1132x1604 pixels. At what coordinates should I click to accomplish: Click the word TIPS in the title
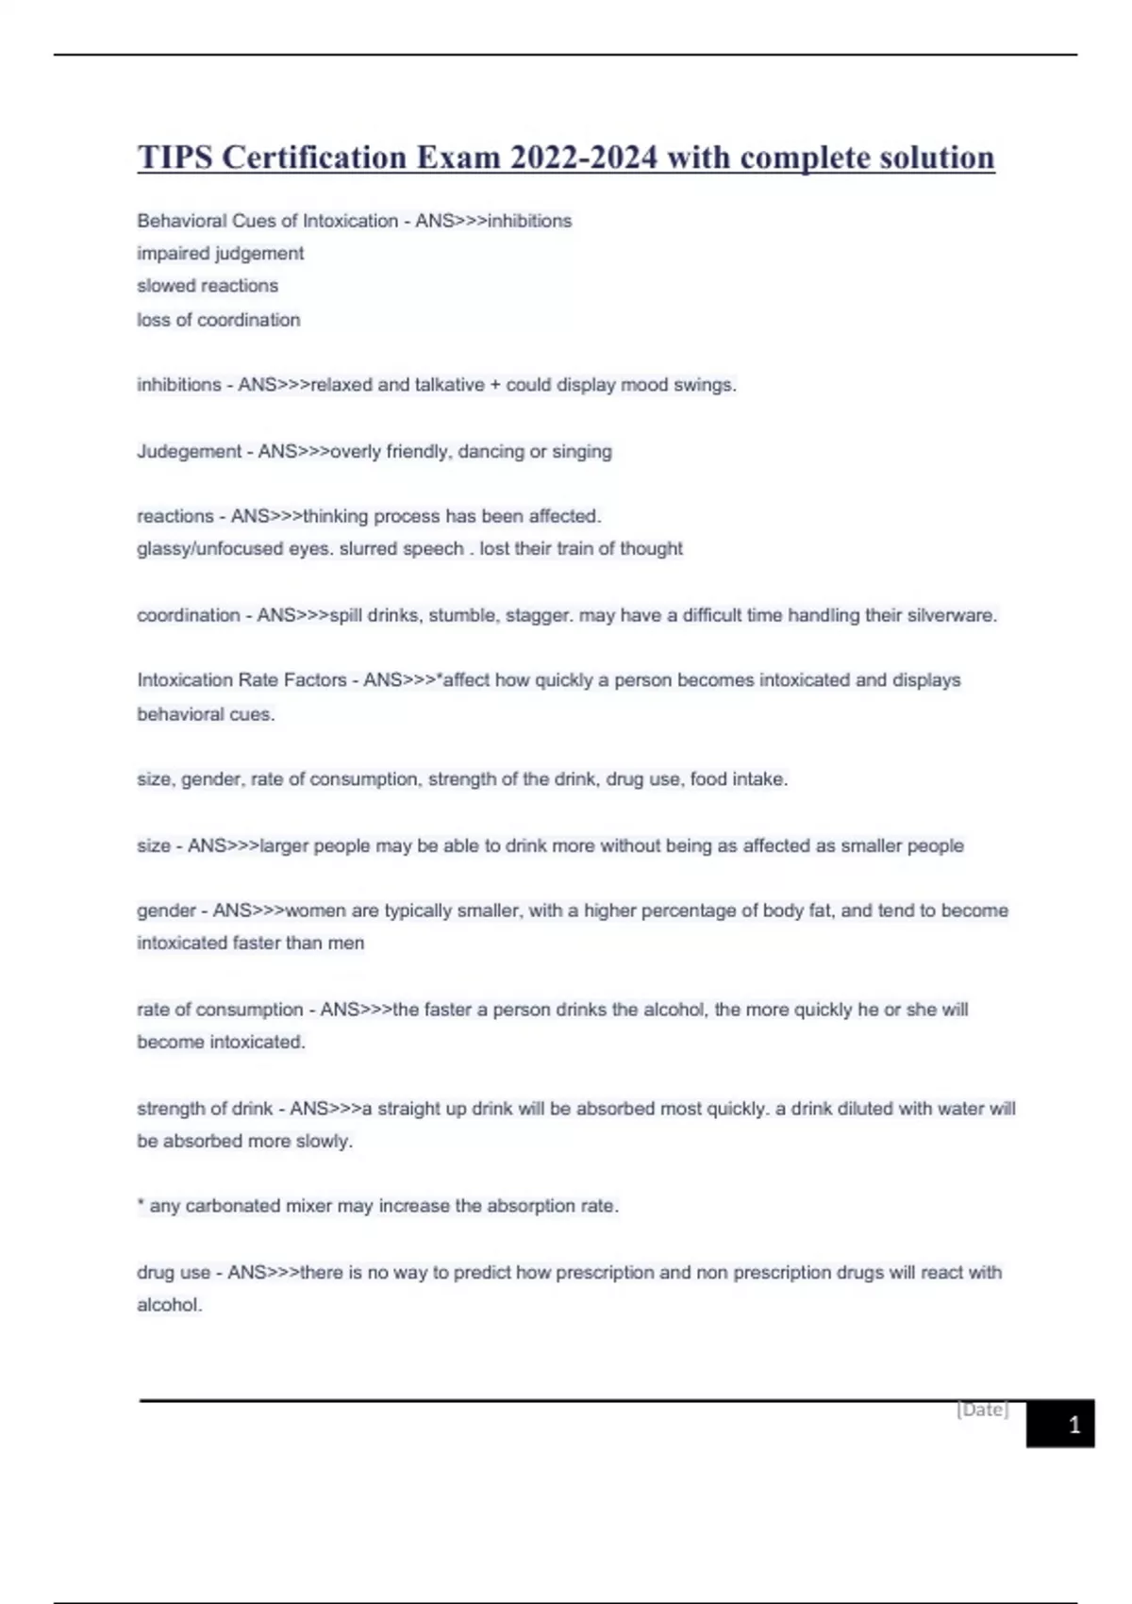tap(175, 158)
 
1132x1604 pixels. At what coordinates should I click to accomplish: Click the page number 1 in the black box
tap(1074, 1425)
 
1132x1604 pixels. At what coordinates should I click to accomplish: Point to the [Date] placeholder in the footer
tap(982, 1410)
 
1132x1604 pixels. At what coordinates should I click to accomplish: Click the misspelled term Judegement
tap(189, 452)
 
